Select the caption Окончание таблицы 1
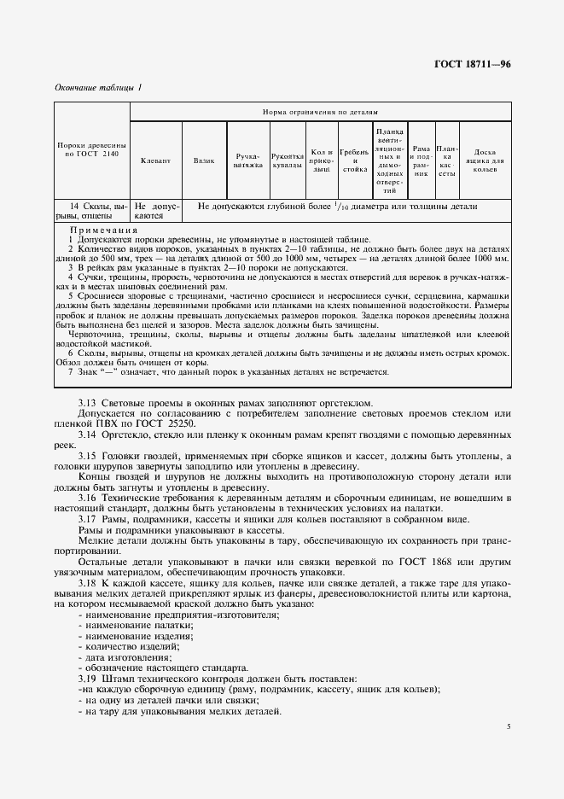pos(98,88)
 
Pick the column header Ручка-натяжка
pos(247,160)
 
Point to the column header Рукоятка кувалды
pos(288,160)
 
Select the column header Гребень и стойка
pos(353,160)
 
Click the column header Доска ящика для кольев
pos(485,160)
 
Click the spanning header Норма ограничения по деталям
pos(320,112)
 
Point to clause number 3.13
pos(88,404)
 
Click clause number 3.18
pos(88,582)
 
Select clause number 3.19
pos(88,678)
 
